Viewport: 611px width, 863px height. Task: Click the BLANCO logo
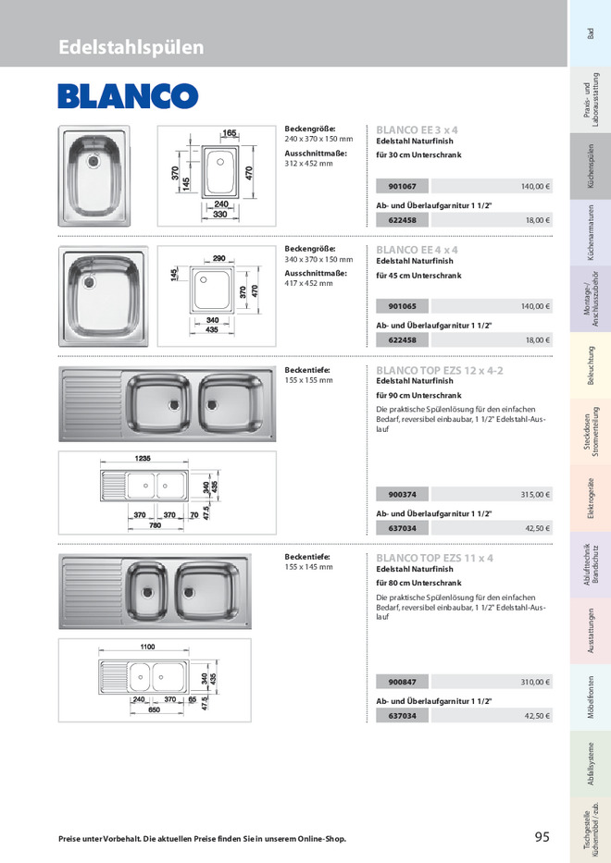click(128, 96)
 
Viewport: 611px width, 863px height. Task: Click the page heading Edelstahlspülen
click(131, 47)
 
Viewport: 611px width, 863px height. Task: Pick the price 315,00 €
click(535, 494)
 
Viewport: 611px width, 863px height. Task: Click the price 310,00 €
click(535, 682)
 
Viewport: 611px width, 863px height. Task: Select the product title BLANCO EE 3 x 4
click(417, 130)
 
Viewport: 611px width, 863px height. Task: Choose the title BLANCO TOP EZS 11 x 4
click(434, 558)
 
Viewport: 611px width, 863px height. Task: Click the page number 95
click(542, 837)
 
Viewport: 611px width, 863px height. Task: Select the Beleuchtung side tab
click(590, 365)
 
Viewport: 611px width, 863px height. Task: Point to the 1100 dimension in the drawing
click(147, 647)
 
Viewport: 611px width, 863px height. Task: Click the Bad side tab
click(590, 33)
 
